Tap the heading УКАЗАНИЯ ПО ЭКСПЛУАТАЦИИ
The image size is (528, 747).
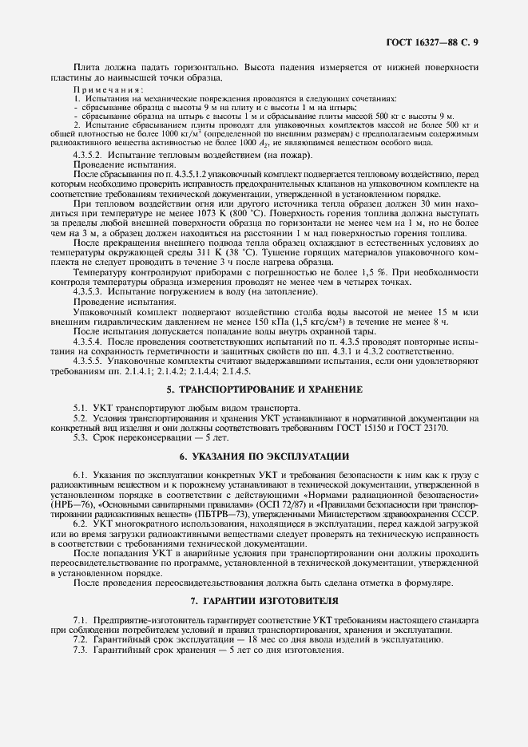click(x=264, y=457)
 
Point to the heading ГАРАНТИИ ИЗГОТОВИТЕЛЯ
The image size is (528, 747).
click(x=264, y=599)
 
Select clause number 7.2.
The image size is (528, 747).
click(x=80, y=640)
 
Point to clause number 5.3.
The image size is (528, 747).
click(x=80, y=437)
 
